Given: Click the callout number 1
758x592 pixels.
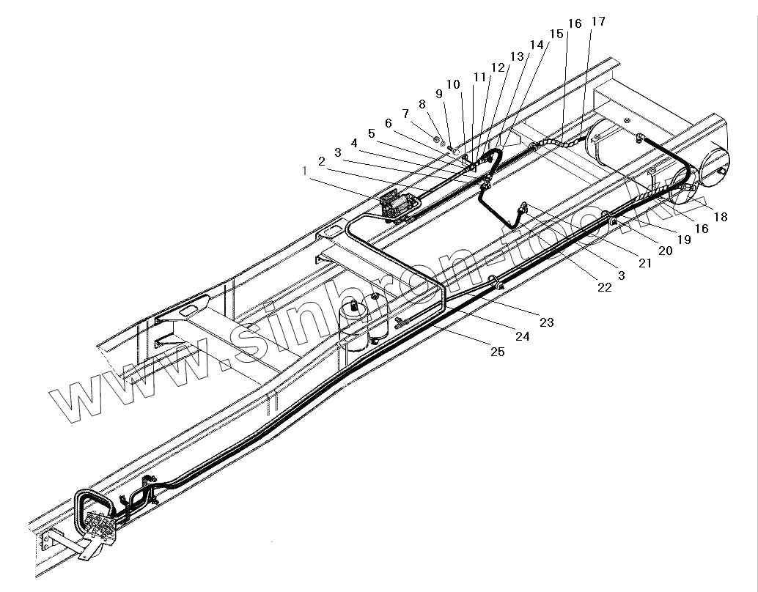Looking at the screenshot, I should point(305,171).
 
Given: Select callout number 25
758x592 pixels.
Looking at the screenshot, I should point(497,352).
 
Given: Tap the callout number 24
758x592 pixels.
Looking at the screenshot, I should point(522,337).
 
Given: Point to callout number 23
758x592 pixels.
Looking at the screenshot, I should point(547,322).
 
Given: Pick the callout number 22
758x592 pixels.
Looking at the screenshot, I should point(604,288).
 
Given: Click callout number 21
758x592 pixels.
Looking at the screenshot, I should point(645,263).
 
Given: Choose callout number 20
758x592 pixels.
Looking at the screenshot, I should point(666,251).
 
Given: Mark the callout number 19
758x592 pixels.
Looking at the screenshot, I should point(685,239).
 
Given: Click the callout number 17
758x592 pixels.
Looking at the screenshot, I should point(598,21).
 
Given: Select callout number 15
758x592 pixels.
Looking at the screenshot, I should point(556,34).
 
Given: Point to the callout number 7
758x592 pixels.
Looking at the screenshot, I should point(405,114).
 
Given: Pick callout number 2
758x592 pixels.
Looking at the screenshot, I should point(321,160).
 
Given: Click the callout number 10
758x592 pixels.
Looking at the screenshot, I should point(453,84).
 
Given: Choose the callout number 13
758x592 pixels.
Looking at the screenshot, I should point(518,56).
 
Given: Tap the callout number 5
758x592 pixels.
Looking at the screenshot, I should point(372,133).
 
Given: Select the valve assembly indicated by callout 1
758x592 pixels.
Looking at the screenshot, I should point(398,205).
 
